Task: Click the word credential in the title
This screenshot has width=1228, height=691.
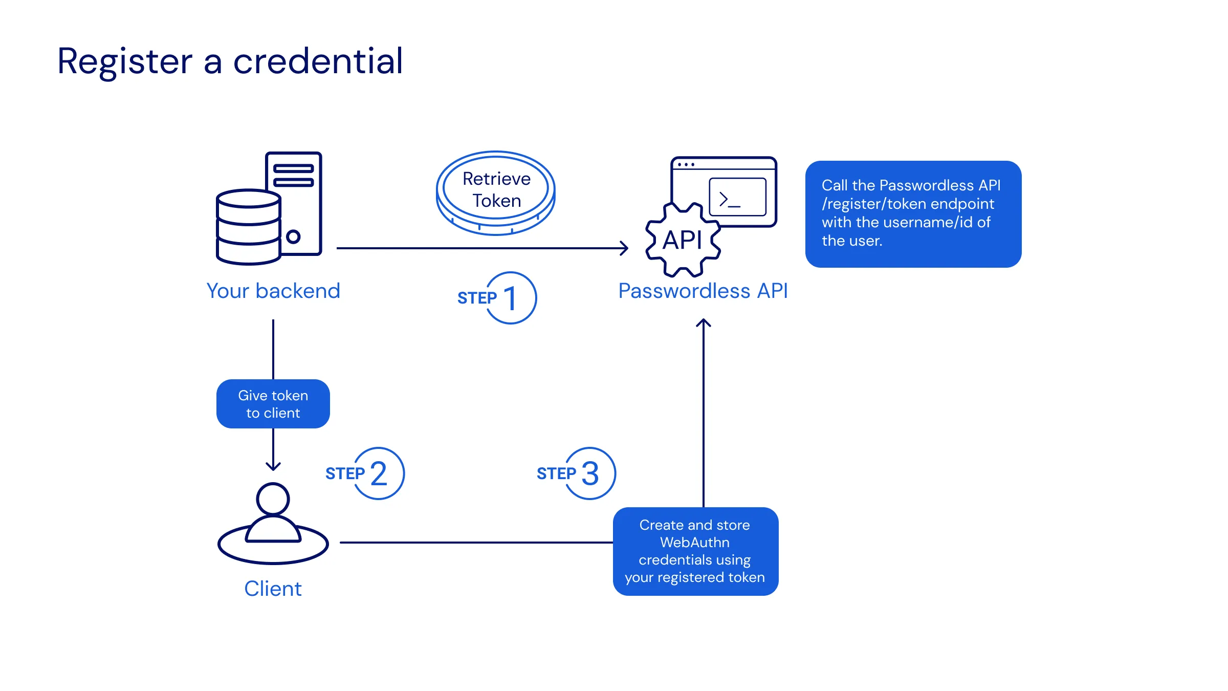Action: click(318, 61)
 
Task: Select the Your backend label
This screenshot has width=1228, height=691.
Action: click(273, 291)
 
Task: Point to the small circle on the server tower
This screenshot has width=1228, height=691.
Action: click(293, 236)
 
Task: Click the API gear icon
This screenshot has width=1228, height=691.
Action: click(683, 240)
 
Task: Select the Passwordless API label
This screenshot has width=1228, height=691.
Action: click(703, 291)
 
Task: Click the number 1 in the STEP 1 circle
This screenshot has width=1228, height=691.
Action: click(511, 298)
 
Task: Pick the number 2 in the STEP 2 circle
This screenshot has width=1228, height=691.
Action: click(379, 474)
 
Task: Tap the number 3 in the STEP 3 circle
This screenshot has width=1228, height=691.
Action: click(590, 474)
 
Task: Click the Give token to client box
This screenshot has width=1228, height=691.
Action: click(273, 404)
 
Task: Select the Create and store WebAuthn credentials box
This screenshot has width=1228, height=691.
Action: click(695, 551)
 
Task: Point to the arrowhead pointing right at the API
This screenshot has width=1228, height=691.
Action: click(625, 248)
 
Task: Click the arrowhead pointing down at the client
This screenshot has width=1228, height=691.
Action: click(273, 466)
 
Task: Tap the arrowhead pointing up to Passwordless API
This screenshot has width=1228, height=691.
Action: click(704, 323)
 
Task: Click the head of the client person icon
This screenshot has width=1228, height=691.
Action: click(273, 499)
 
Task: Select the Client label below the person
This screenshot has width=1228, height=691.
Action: click(273, 589)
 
